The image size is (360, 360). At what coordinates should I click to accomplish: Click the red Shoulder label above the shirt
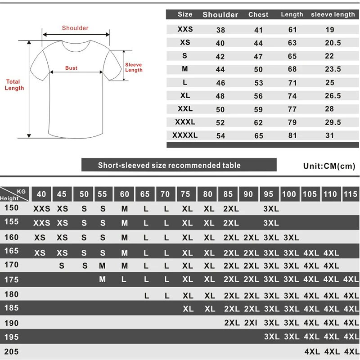[x=75, y=28]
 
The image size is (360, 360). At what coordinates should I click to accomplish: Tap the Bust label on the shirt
[x=71, y=68]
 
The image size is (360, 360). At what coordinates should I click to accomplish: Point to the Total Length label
[x=14, y=85]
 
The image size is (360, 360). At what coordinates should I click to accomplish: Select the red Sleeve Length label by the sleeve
[x=134, y=67]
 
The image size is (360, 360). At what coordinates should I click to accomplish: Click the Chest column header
[x=258, y=14]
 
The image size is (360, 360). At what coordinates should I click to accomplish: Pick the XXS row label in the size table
[x=185, y=29]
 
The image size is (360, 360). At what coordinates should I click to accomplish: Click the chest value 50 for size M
[x=258, y=69]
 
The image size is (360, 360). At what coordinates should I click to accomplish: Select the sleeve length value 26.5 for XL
[x=333, y=96]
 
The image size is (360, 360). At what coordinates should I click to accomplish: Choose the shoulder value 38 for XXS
[x=220, y=30]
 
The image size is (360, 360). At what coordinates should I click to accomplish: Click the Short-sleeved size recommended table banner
[x=169, y=165]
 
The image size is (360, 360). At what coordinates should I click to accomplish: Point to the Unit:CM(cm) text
[x=329, y=166]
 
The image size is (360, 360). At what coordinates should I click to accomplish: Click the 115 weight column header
[x=351, y=194]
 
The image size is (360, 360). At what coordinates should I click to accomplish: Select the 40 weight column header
[x=41, y=194]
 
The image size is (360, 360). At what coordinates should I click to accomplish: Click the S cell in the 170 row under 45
[x=62, y=266]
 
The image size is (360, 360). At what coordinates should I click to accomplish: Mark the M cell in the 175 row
[x=102, y=279]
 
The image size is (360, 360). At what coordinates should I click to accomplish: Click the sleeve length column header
[x=333, y=14]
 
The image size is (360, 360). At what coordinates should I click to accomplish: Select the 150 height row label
[x=11, y=207]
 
